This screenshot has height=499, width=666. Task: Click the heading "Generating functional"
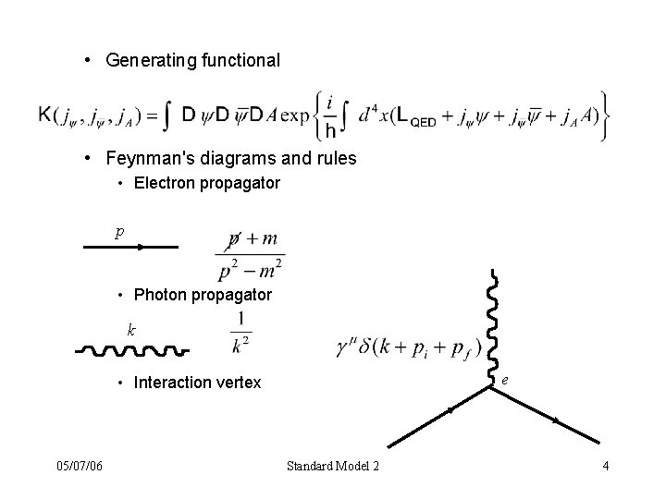192,61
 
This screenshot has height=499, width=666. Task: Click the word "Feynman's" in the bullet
145,158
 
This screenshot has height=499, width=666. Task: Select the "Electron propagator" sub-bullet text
206,183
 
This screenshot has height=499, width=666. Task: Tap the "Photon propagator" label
203,295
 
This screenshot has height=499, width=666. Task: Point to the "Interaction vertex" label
198,383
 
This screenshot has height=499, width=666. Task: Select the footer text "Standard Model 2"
333,465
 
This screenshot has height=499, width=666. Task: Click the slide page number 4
605,465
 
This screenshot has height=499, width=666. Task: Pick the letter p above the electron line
119,233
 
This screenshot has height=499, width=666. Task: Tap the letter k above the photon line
132,329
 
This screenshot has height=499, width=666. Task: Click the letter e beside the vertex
504,379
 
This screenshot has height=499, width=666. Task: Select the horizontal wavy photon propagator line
132,351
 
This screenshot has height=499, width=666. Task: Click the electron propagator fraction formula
251,254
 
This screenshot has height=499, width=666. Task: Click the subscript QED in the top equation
422,119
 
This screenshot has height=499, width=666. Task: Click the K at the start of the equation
44,115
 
